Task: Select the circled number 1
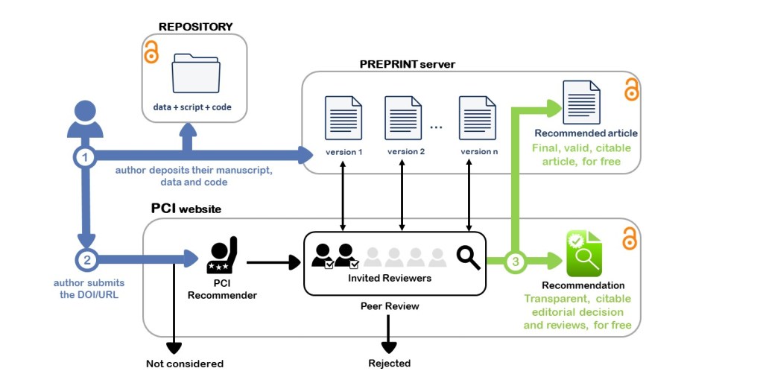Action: (x=86, y=156)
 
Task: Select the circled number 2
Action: (x=86, y=260)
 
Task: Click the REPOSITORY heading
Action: (x=195, y=27)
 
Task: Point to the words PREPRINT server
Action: (x=407, y=64)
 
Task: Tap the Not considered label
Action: (x=185, y=364)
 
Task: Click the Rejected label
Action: (x=389, y=364)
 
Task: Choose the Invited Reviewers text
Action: (x=379, y=278)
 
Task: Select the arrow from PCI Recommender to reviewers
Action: (x=272, y=262)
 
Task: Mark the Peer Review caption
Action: (x=390, y=306)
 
